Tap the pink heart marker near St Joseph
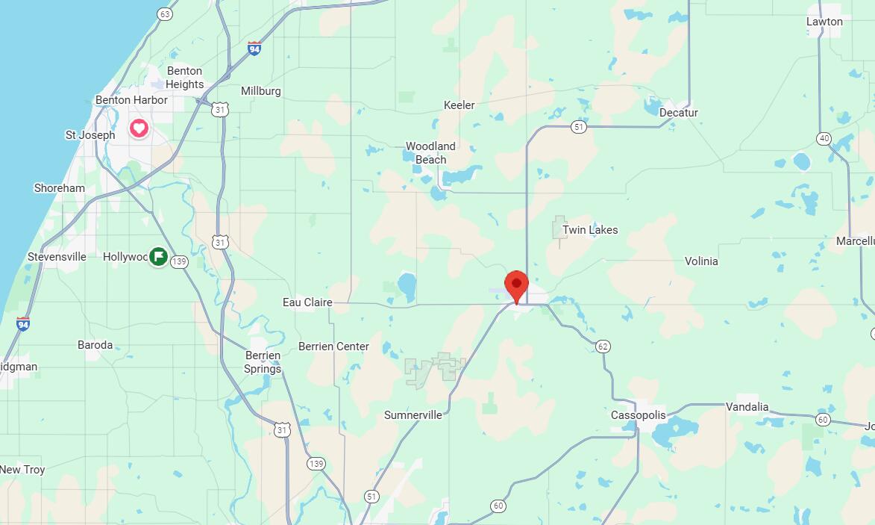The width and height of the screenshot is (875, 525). pyautogui.click(x=139, y=128)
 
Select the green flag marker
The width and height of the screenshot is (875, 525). pyautogui.click(x=158, y=257)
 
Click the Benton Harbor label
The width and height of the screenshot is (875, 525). pyautogui.click(x=131, y=100)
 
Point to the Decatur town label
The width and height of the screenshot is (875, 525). pyautogui.click(x=678, y=113)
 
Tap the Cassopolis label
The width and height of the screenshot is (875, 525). pyautogui.click(x=638, y=415)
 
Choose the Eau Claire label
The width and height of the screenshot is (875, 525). pyautogui.click(x=307, y=302)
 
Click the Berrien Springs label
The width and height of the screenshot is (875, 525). pyautogui.click(x=263, y=362)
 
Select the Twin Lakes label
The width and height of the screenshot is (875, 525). pyautogui.click(x=590, y=230)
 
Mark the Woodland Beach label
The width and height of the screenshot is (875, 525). pyautogui.click(x=430, y=153)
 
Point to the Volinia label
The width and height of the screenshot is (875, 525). pyautogui.click(x=701, y=261)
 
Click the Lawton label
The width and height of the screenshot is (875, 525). pyautogui.click(x=824, y=22)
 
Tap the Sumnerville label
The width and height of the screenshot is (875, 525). pyautogui.click(x=413, y=415)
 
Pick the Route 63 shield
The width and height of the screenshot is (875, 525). pyautogui.click(x=165, y=14)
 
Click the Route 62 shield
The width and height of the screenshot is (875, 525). pyautogui.click(x=603, y=346)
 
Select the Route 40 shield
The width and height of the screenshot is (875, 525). pyautogui.click(x=824, y=138)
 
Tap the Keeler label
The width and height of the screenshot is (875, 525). pyautogui.click(x=459, y=105)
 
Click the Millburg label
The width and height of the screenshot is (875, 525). pyautogui.click(x=261, y=91)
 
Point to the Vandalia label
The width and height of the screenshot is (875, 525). pyautogui.click(x=747, y=407)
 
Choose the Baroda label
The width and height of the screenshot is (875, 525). pyautogui.click(x=95, y=345)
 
